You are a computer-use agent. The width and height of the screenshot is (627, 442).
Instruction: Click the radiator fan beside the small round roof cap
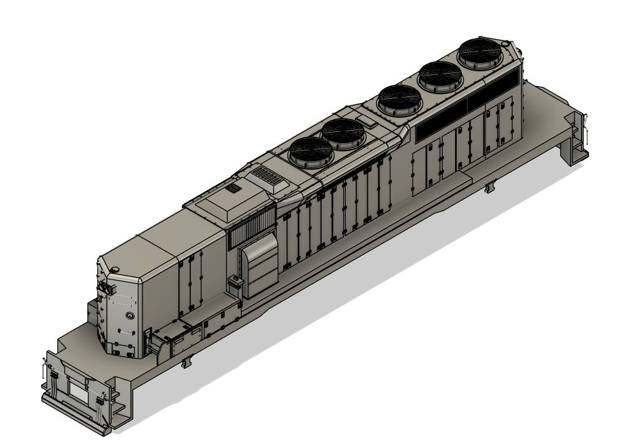pos(480,53)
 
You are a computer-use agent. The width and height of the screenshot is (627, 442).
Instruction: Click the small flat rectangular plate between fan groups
pos(368,122)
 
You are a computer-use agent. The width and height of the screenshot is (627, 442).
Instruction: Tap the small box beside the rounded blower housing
pos(233,284)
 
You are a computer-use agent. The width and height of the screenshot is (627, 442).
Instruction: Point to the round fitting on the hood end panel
pos(130,314)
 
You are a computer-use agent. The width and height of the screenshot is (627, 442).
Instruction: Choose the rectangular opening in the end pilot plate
pos(79,389)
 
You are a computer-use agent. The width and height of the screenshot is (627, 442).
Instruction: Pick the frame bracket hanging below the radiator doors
pos(489,186)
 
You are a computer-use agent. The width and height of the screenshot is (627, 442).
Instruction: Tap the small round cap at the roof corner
pos(507,44)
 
